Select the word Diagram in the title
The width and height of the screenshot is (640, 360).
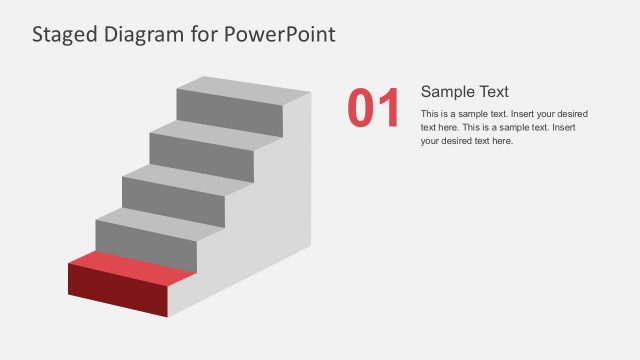[148, 35]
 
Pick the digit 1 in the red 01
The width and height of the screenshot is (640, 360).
[388, 108]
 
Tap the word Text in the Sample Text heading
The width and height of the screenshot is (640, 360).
[494, 91]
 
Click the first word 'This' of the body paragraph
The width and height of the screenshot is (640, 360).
[430, 114]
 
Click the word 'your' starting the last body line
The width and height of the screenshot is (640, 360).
[431, 141]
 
